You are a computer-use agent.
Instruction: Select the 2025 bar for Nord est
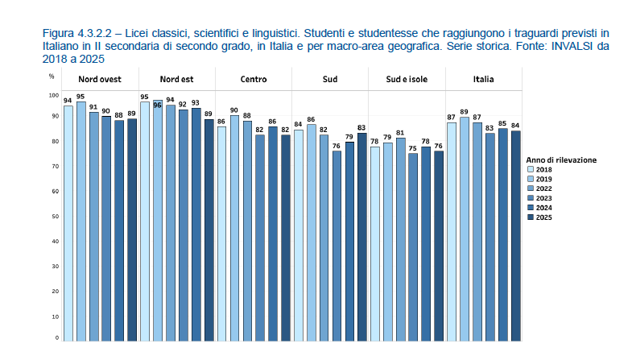click(209, 230)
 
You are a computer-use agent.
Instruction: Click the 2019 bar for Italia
click(465, 230)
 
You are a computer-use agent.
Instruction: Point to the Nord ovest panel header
click(100, 80)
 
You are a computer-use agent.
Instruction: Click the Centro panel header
click(254, 80)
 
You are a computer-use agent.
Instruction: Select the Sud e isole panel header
click(407, 80)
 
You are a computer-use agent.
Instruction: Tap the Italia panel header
click(483, 80)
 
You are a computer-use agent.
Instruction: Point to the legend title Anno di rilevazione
click(561, 159)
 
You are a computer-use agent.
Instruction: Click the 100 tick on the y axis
click(55, 95)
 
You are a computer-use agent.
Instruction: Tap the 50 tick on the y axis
click(56, 217)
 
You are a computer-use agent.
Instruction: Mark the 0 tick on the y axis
click(56, 338)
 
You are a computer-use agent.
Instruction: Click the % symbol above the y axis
click(52, 76)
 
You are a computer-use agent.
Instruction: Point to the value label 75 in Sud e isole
click(413, 148)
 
